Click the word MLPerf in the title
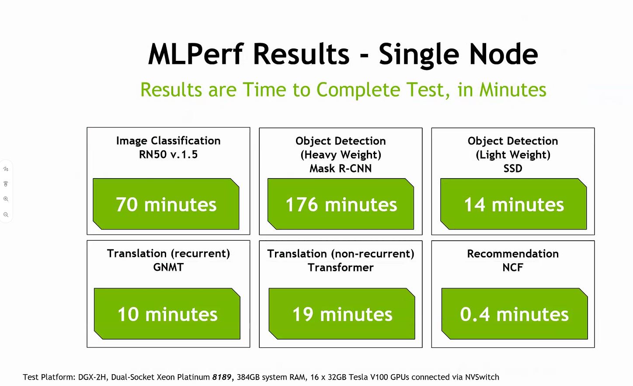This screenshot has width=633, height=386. [195, 54]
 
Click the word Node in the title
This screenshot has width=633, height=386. [504, 54]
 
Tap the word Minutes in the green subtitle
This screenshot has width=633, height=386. [513, 90]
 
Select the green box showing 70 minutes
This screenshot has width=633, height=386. [166, 204]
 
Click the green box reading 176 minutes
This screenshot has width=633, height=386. [341, 204]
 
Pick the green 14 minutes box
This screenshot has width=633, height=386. [514, 204]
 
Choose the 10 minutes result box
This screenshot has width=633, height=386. [167, 313]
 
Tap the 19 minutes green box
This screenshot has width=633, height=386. [342, 313]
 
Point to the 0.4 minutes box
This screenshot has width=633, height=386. [515, 313]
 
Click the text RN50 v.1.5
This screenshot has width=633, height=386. [168, 154]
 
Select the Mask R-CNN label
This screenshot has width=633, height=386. [341, 168]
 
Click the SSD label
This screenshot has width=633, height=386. [513, 168]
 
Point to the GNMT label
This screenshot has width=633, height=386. [168, 267]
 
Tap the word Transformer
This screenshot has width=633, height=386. [341, 267]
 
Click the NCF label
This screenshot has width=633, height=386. [513, 267]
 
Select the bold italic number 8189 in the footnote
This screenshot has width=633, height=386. [222, 377]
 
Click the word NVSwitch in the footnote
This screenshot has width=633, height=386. [482, 377]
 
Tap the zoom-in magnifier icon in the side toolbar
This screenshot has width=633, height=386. [6, 199]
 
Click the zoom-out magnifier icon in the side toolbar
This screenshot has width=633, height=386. [6, 215]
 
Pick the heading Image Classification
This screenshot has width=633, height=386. [168, 141]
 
